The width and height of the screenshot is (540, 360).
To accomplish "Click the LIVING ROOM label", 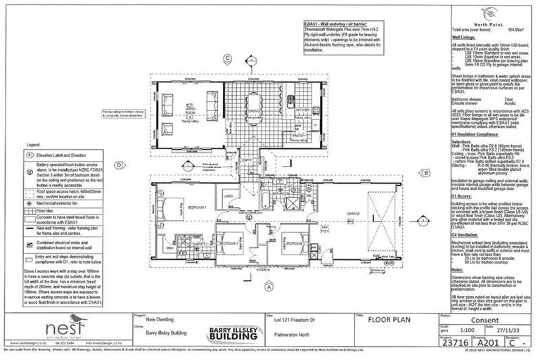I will click(169, 112).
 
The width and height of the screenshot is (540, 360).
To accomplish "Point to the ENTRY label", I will click(247, 160).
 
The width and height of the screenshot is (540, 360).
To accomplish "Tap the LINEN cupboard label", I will click(229, 195).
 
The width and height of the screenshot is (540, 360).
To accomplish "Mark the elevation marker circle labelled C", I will click(228, 58).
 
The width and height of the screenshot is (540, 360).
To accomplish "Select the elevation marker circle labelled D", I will click(120, 166).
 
